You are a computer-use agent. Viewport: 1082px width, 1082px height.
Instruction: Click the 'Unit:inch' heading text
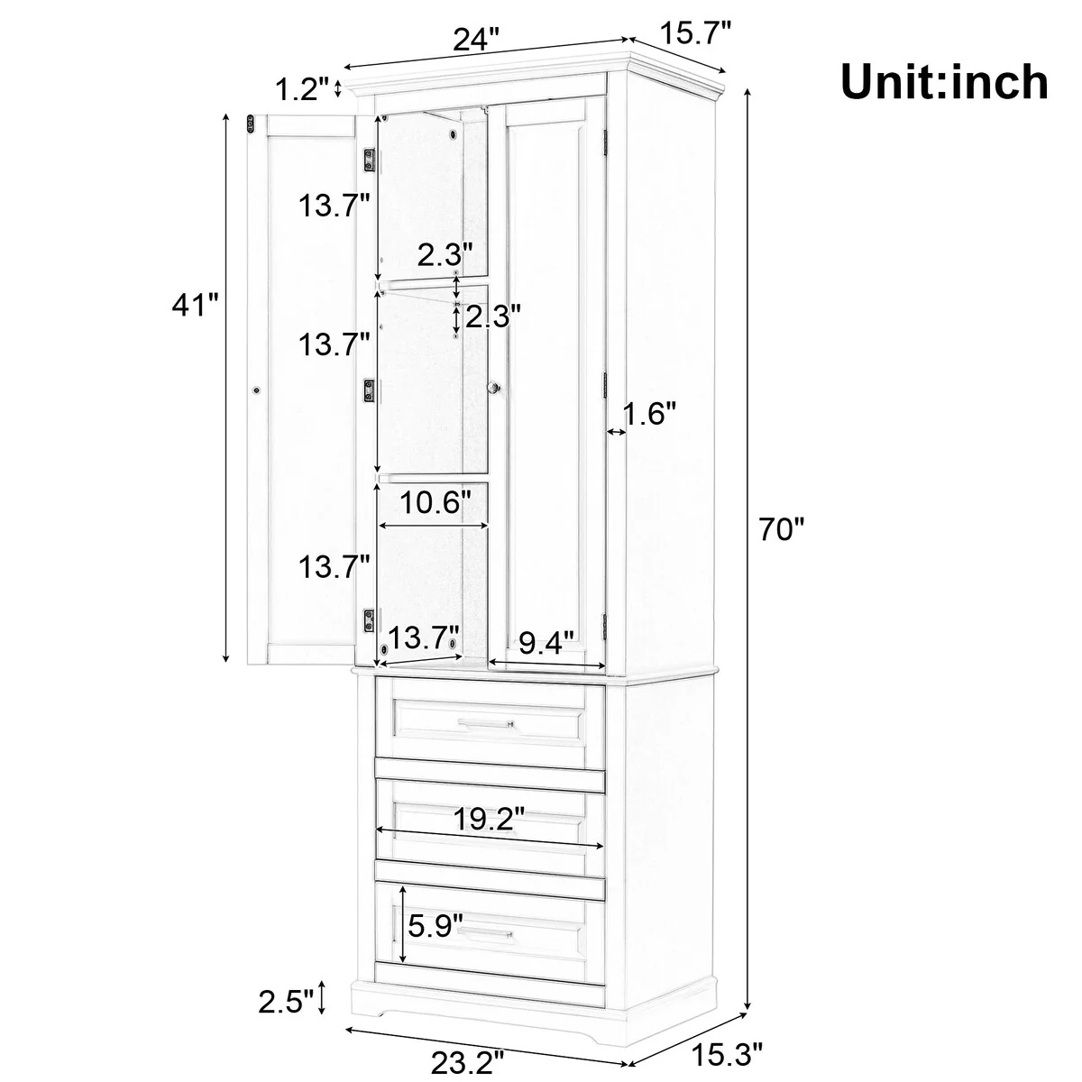coord(944,83)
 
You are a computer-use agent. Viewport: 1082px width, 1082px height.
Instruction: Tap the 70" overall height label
coord(782,529)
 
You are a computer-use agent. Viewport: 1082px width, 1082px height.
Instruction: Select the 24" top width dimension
coord(475,39)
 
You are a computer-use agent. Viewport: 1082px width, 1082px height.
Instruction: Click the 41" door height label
coord(195,305)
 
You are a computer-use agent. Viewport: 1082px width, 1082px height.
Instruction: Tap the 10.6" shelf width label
coord(436,502)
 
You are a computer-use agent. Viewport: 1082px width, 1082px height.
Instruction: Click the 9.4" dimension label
coord(546,643)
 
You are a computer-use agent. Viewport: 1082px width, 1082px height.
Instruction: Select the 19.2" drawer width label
coord(489,820)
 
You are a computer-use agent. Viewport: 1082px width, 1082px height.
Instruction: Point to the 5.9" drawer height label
coord(436,926)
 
